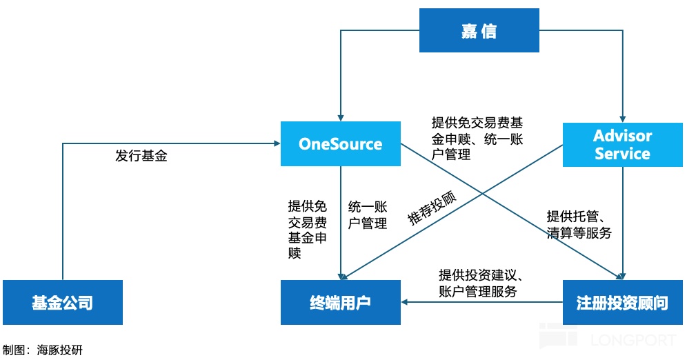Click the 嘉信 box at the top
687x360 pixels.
(479, 32)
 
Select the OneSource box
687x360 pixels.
(340, 143)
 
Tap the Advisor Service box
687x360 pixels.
(622, 144)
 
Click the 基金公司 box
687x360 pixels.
(62, 302)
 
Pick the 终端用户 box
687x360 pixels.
(340, 302)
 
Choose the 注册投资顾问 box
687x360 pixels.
(622, 302)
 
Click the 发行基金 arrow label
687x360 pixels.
(141, 156)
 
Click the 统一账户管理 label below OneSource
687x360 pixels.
(368, 214)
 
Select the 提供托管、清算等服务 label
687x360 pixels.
(579, 224)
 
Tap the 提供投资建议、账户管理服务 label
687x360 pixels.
(478, 282)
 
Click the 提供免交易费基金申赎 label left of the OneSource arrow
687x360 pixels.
(307, 230)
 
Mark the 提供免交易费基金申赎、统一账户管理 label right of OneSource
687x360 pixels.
(477, 139)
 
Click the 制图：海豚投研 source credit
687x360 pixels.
(43, 350)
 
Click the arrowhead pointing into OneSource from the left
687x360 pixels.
(276, 143)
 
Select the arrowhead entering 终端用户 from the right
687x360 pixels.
(405, 302)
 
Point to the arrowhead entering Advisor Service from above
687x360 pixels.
(622, 118)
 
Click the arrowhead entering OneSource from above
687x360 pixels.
(340, 117)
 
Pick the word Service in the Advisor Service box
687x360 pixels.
(622, 153)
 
